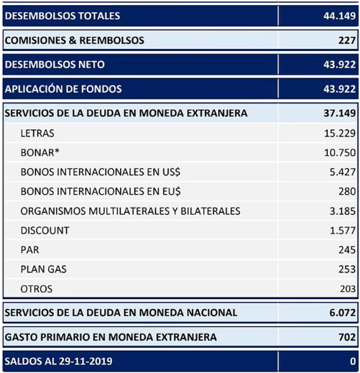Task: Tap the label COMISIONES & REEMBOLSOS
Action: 74,40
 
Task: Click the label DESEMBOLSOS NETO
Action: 55,65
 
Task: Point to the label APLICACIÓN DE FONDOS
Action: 63,89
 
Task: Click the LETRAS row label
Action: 37,134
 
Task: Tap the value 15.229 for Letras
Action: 340,134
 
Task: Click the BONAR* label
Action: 40,153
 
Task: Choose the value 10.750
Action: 340,153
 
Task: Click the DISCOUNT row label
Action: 45,231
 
